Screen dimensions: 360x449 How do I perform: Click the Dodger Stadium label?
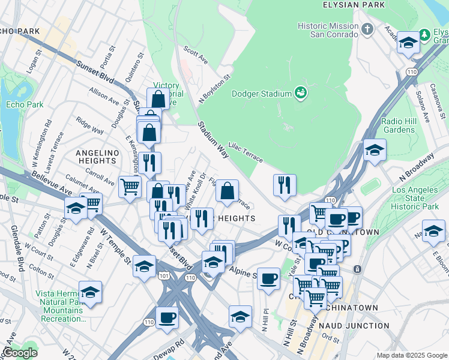[261, 93]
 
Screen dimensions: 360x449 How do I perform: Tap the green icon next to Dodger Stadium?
[300, 93]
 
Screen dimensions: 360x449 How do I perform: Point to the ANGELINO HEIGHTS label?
[96, 157]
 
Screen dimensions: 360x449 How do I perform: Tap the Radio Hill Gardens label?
[399, 125]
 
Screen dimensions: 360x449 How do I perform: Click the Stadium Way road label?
[213, 140]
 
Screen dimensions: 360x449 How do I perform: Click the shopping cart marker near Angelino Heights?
[129, 187]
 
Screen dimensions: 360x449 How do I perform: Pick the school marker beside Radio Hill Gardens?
[375, 150]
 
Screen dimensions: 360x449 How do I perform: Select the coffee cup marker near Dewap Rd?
[166, 317]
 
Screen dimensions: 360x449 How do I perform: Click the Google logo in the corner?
[20, 353]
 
